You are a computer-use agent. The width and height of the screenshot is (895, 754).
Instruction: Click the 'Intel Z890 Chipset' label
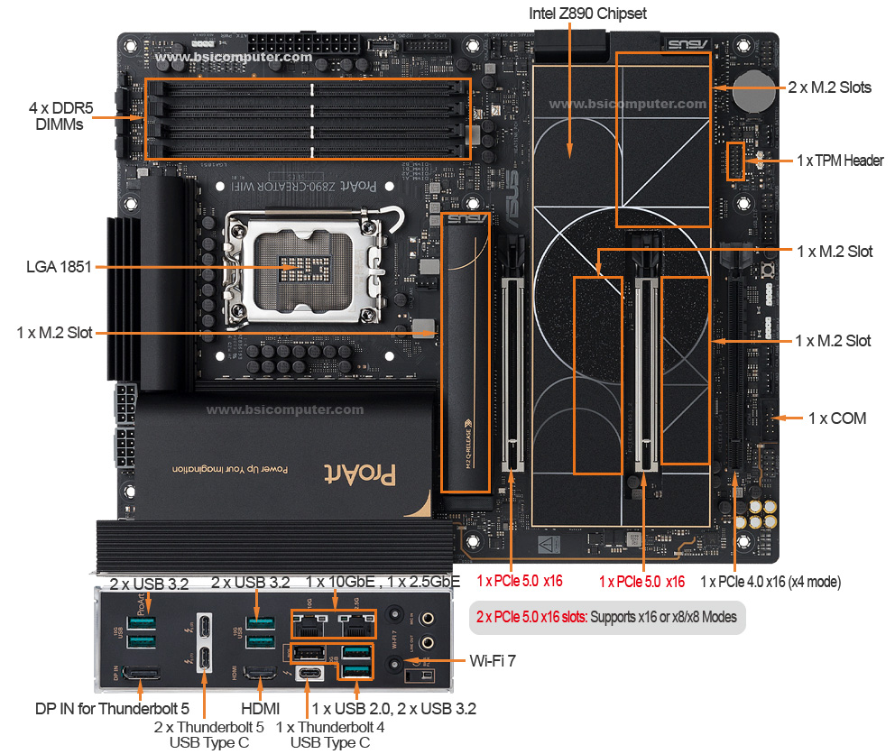tap(587, 14)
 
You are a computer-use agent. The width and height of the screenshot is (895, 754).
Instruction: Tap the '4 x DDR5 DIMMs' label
tap(55, 116)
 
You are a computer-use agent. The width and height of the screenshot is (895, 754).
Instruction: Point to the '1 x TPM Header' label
tap(840, 161)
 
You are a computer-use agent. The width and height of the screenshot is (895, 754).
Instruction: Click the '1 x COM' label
tap(836, 418)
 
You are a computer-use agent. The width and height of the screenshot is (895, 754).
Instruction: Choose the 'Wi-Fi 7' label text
tap(493, 661)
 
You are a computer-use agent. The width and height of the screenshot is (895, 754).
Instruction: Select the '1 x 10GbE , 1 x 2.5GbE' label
tap(383, 583)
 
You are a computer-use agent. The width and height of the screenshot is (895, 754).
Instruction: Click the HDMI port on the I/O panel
tap(260, 673)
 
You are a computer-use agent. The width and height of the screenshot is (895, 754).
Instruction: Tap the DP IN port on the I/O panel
tap(141, 674)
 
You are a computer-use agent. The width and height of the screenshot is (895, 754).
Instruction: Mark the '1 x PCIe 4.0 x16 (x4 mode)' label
tap(770, 583)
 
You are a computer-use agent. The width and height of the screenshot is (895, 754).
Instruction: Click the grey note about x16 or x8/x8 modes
tap(607, 618)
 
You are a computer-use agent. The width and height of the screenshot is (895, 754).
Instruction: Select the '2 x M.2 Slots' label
tap(829, 87)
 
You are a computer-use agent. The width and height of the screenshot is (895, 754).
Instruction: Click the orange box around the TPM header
tap(735, 161)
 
